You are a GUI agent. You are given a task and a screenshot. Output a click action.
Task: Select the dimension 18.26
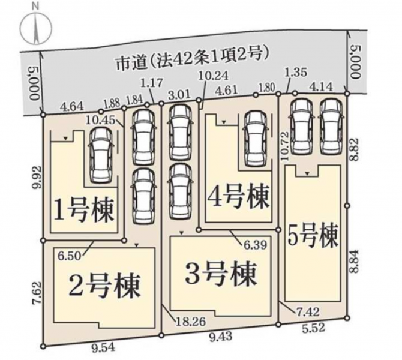pyautogui.click(x=188, y=322)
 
